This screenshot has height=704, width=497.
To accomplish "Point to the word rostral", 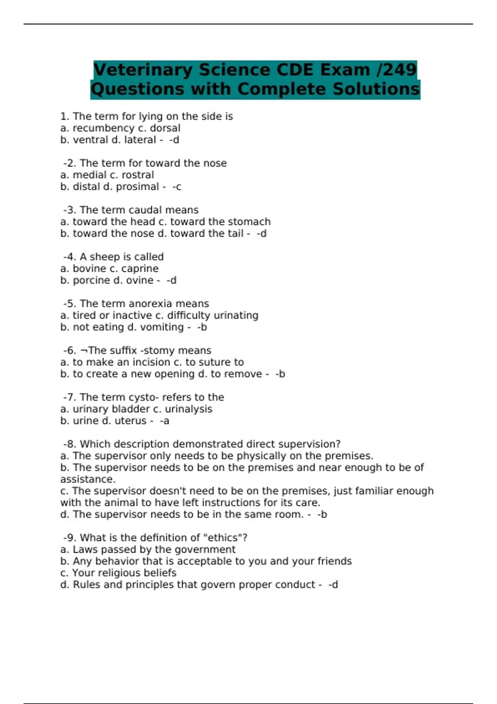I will (x=138, y=175).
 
